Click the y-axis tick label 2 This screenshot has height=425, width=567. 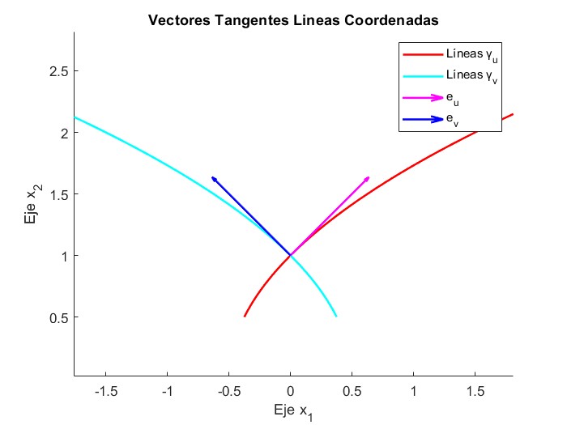(x=62, y=133)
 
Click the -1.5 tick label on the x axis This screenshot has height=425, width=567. (x=106, y=391)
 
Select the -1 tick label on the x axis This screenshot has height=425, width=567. (x=168, y=391)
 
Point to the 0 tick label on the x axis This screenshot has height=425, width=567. (x=291, y=391)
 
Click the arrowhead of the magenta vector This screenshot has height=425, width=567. (x=368, y=178)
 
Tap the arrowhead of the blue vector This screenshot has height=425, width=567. (x=214, y=178)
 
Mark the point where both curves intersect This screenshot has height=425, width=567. (x=291, y=255)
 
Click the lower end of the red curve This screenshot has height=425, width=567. (x=245, y=316)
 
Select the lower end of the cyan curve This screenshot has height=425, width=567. (x=336, y=316)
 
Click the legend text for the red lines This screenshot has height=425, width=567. (x=471, y=57)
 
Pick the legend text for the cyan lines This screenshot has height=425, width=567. (x=471, y=77)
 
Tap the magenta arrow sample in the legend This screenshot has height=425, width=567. (x=422, y=98)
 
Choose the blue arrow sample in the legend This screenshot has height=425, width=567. (x=422, y=119)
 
